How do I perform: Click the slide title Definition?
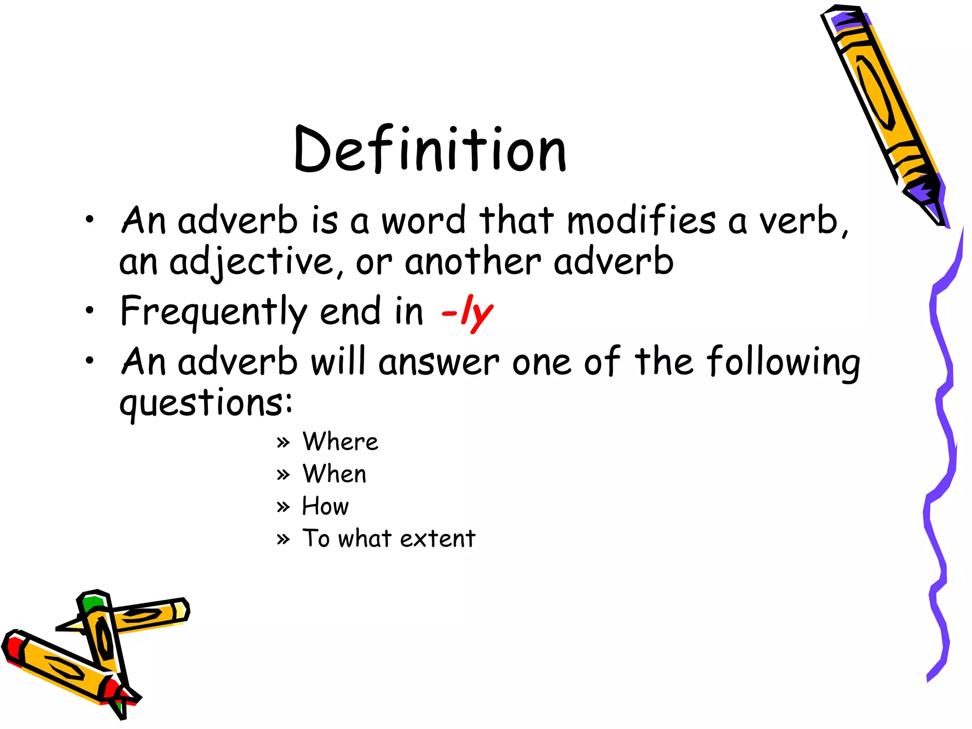pyautogui.click(x=430, y=150)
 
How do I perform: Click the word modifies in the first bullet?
pyautogui.click(x=641, y=221)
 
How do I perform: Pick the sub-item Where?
pyautogui.click(x=340, y=441)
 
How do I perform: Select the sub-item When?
pyautogui.click(x=335, y=474)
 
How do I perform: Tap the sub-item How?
pyautogui.click(x=326, y=506)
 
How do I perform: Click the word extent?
pyautogui.click(x=437, y=538)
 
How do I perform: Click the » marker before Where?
pyautogui.click(x=283, y=443)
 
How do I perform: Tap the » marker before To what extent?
pyautogui.click(x=283, y=540)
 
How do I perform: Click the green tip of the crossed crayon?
pyautogui.click(x=92, y=603)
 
